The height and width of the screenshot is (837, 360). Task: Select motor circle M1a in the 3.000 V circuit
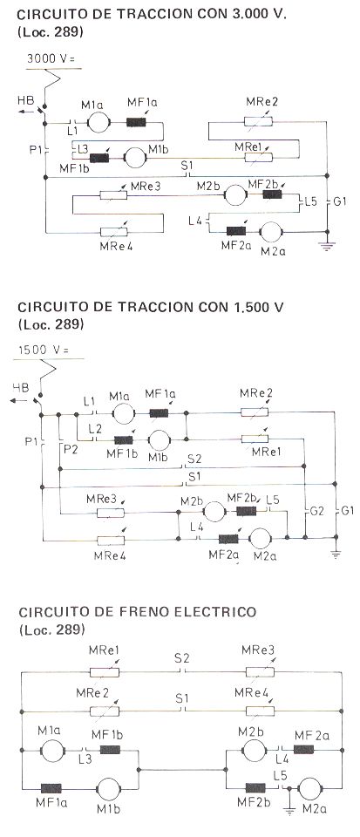point(98,122)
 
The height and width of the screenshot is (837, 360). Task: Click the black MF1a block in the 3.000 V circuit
point(136,122)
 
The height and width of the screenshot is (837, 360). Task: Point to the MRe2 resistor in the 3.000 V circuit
point(258,122)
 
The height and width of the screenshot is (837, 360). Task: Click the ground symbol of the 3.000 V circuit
point(326,245)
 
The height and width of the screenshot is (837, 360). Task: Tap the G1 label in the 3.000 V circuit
point(340,202)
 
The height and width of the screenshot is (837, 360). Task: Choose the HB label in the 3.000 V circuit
point(24,99)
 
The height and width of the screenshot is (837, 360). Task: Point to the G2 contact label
point(316,511)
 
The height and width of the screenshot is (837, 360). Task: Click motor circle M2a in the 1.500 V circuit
point(261,538)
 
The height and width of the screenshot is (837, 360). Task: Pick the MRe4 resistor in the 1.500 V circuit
point(111,540)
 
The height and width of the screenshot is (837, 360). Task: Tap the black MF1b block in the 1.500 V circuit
point(124,439)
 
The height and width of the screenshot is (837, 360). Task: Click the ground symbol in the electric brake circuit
point(289,811)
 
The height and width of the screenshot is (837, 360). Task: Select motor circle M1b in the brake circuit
point(110,788)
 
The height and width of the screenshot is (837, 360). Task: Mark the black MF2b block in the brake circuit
point(255,787)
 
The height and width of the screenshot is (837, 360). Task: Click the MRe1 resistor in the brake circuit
point(105,671)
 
